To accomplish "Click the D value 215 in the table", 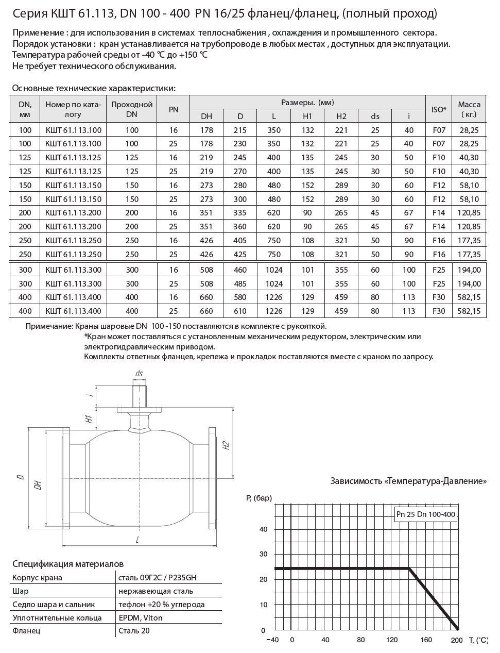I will (240, 130).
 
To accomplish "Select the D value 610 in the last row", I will (240, 311).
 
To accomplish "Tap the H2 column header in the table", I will (341, 116).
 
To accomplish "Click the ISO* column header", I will (438, 109).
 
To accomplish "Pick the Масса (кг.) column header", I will (469, 109).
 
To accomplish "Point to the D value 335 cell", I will (240, 213).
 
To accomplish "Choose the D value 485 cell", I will (240, 283).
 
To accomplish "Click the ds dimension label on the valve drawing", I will (139, 373).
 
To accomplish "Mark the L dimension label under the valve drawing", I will (137, 540).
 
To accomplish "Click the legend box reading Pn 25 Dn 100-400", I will (426, 514).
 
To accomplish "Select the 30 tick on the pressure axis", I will (263, 554).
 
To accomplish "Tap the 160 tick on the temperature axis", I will (426, 640).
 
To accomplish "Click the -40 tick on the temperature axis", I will (273, 640).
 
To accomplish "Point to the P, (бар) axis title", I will (259, 498).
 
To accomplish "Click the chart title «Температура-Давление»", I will (408, 481).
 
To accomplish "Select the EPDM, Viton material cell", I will (140, 617).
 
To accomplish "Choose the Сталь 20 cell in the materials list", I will (134, 630).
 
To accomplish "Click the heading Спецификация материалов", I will (68, 564).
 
